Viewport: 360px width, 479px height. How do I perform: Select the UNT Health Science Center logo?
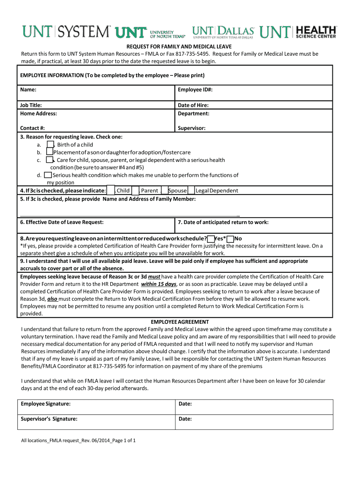point(298,32)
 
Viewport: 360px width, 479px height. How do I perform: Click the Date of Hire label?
point(193,105)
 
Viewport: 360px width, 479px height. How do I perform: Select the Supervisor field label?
point(192,128)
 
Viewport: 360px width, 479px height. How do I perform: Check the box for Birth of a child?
point(50,145)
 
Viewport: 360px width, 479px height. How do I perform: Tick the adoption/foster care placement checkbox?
point(50,152)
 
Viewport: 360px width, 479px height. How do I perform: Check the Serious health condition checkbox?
point(48,175)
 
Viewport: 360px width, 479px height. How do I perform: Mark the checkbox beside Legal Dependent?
point(192,190)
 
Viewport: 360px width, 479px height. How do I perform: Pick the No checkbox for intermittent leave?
point(230,239)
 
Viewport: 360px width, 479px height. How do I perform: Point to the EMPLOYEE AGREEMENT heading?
point(180,322)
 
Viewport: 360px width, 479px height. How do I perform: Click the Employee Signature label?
point(45,404)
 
